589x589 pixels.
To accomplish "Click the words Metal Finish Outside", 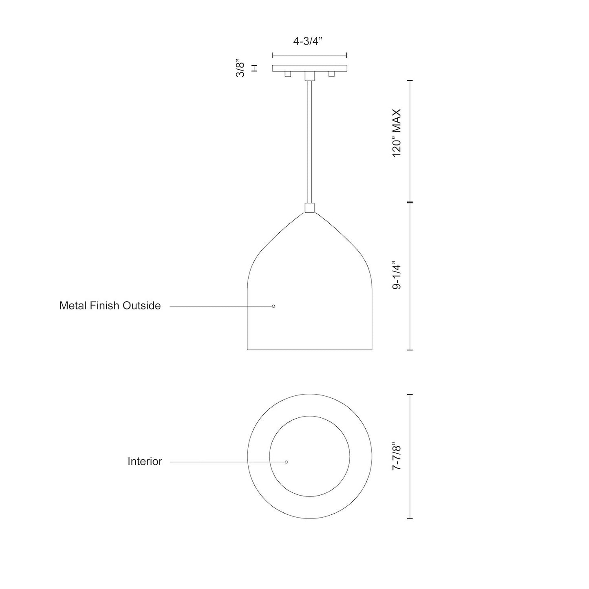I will (110, 306).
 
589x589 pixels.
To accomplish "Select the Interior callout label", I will (145, 461).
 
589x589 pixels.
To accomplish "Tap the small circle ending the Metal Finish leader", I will (274, 306).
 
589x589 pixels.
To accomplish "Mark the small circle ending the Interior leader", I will (286, 462).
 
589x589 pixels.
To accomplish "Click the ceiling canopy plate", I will (309, 68).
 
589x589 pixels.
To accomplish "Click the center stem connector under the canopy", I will (309, 76).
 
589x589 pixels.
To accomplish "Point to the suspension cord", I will (309, 143).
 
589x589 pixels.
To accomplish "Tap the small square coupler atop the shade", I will (309, 208).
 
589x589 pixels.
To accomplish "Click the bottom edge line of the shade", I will (309, 350).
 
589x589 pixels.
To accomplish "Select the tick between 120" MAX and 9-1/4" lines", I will (410, 202).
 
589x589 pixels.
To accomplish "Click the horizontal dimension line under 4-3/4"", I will (309, 55).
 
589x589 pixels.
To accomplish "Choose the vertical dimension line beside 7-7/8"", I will (410, 457).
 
